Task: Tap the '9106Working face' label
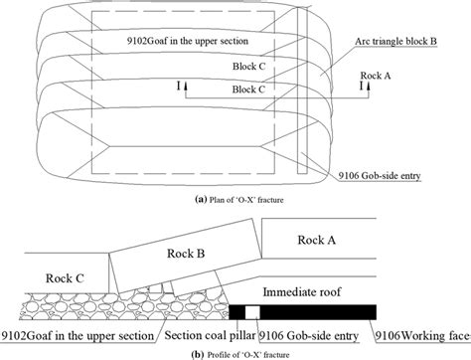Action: (417, 332)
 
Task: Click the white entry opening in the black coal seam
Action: (252, 310)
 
